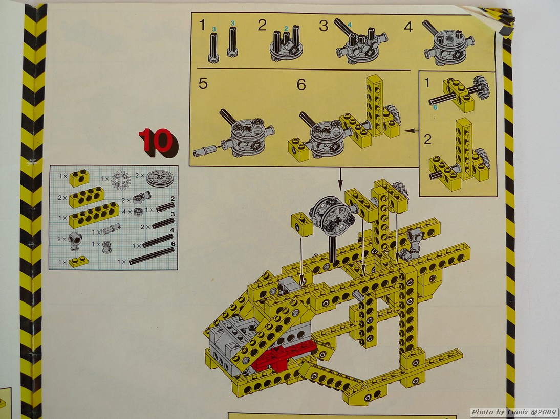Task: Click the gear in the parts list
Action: pyautogui.click(x=121, y=180)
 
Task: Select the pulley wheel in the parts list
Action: pyautogui.click(x=160, y=178)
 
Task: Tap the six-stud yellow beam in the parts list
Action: pyautogui.click(x=94, y=215)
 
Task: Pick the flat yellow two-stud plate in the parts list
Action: pyautogui.click(x=78, y=261)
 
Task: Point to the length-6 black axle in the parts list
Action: pyautogui.click(x=152, y=255)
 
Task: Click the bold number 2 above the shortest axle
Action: pyautogui.click(x=173, y=199)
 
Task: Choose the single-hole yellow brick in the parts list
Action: pyautogui.click(x=79, y=178)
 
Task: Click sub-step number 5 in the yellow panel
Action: pyautogui.click(x=203, y=84)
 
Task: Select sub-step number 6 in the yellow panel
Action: pyautogui.click(x=301, y=85)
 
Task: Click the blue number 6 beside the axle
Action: pyautogui.click(x=436, y=107)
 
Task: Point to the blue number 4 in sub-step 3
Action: pyautogui.click(x=350, y=25)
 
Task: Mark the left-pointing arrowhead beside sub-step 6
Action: pyautogui.click(x=407, y=131)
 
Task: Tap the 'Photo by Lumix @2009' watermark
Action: pyautogui.click(x=513, y=412)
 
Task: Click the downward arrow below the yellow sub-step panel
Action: pyautogui.click(x=340, y=178)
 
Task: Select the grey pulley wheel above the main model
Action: pyautogui.click(x=333, y=216)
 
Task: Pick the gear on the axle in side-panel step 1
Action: pyautogui.click(x=481, y=87)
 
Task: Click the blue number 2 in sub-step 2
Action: pyautogui.click(x=286, y=28)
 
